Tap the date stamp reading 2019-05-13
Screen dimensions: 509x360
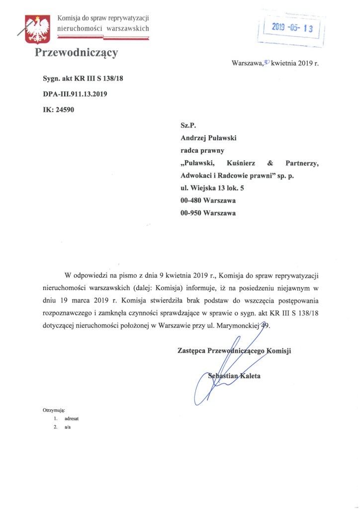coord(291,28)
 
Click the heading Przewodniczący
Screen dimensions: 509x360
coord(76,53)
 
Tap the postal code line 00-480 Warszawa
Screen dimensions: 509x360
coord(208,201)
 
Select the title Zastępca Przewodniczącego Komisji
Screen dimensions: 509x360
coord(233,350)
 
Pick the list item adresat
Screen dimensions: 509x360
coord(72,419)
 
